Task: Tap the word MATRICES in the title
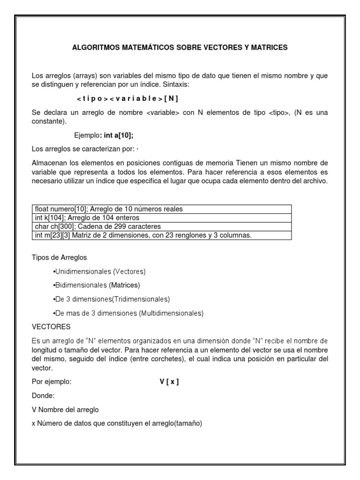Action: pyautogui.click(x=269, y=48)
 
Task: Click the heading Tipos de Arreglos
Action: pyautogui.click(x=59, y=258)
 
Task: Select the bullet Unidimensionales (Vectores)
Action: pyautogui.click(x=99, y=272)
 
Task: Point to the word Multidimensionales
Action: pyautogui.click(x=171, y=313)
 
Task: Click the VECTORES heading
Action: pyautogui.click(x=51, y=326)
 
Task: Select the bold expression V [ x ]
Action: pyautogui.click(x=169, y=382)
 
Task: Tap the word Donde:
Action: pyautogui.click(x=43, y=396)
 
